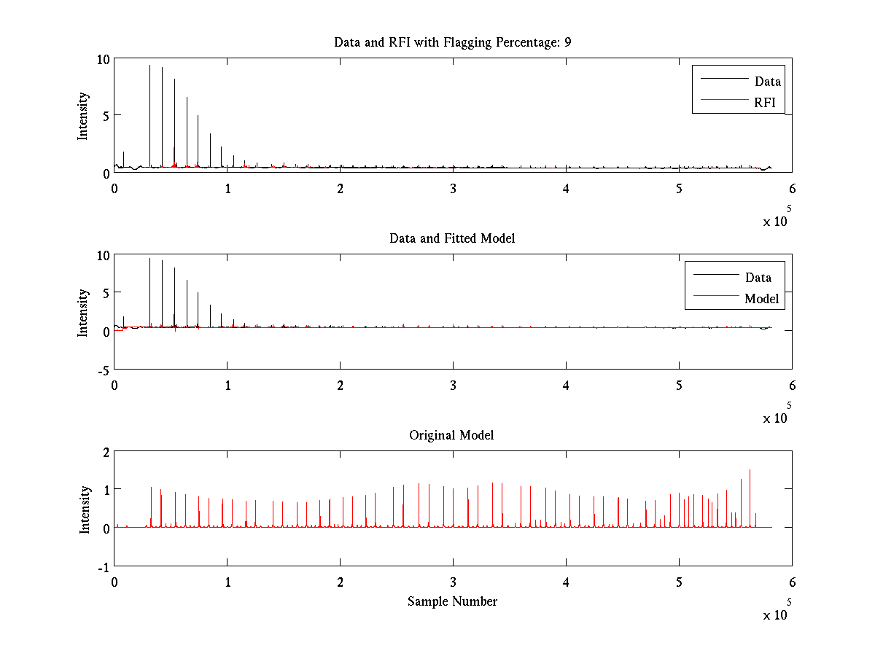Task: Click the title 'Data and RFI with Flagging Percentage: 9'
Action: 452,42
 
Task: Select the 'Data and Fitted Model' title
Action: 452,238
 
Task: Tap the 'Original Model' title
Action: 451,435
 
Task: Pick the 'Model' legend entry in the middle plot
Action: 761,298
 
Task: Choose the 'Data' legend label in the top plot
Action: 767,82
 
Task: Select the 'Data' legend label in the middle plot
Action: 758,277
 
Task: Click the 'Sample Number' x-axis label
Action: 452,601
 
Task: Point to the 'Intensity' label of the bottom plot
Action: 85,509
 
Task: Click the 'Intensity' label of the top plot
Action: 83,115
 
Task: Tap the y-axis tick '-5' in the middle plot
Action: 103,370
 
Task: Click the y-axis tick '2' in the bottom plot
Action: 106,452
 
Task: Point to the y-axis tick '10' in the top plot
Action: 103,59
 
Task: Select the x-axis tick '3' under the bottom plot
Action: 453,582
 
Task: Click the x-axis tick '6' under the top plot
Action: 792,188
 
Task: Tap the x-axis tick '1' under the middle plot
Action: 227,385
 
